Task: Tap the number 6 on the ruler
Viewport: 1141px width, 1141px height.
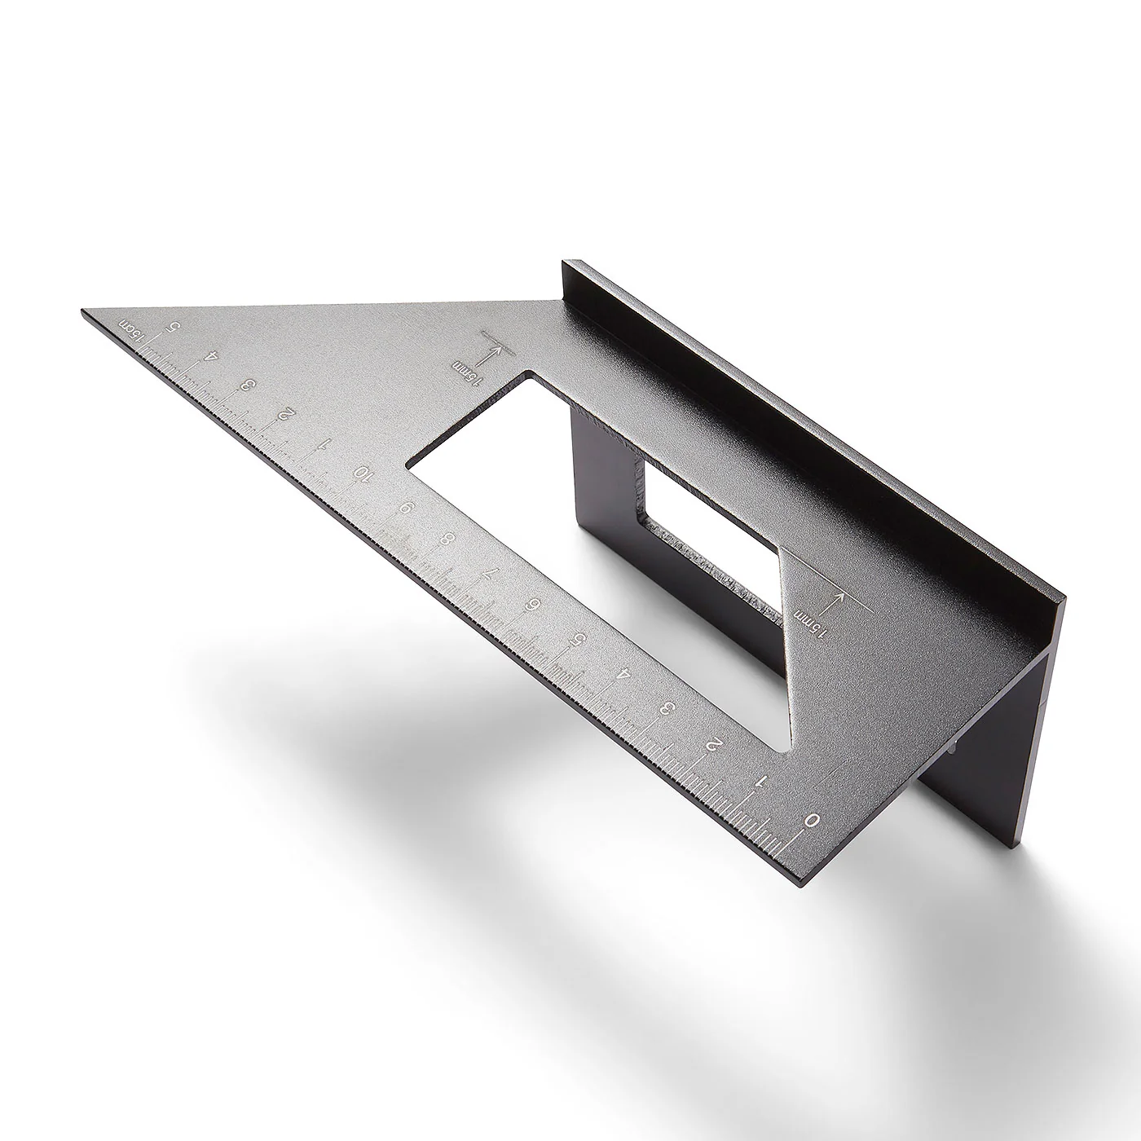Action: pyautogui.click(x=535, y=604)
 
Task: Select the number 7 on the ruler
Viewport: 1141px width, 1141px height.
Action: pyautogui.click(x=488, y=571)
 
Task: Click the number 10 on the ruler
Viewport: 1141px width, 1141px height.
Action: pyautogui.click(x=362, y=474)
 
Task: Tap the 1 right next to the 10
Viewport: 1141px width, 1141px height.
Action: pyautogui.click(x=324, y=444)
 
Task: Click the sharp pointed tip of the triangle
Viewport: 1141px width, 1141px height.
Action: pyautogui.click(x=84, y=311)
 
